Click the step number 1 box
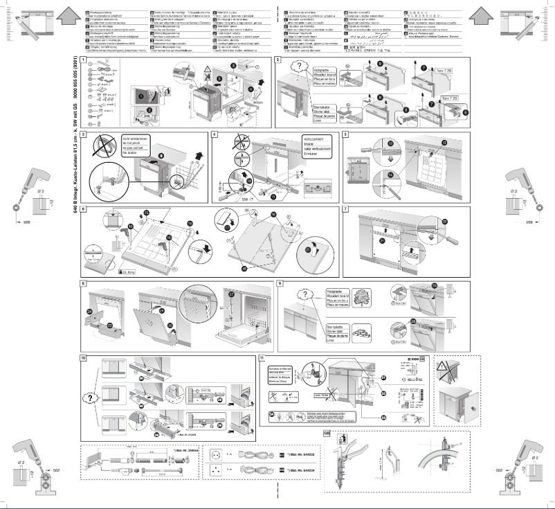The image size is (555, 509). tap(84, 61)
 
